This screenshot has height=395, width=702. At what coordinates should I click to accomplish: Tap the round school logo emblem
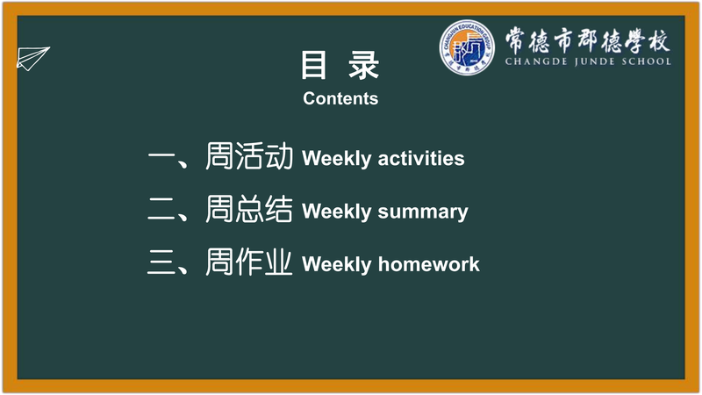[467, 47]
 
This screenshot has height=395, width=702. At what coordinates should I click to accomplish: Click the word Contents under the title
[340, 98]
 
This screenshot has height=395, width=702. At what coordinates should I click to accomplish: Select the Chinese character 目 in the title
[313, 65]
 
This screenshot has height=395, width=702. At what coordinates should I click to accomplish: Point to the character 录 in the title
[364, 65]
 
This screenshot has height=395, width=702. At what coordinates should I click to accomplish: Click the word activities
[421, 159]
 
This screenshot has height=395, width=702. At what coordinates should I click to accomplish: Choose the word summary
[423, 212]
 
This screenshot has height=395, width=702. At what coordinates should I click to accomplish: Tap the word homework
[428, 264]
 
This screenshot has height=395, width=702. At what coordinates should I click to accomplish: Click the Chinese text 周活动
[249, 156]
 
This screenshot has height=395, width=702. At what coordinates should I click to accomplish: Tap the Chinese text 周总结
[249, 209]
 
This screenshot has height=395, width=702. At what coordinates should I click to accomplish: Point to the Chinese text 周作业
[249, 262]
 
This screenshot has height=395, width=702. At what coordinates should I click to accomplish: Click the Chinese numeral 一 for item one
[161, 157]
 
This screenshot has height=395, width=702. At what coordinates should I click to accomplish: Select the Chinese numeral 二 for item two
[161, 210]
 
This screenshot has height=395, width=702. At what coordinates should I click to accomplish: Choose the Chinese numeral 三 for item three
[161, 262]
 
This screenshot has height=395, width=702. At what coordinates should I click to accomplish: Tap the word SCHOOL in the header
[646, 61]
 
